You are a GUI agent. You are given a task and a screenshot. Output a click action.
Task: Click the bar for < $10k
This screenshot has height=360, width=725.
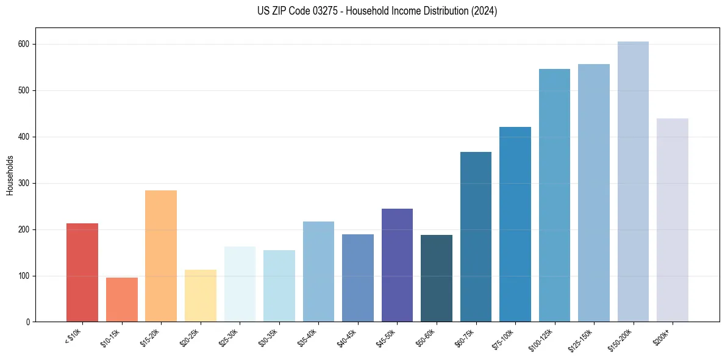tap(82, 272)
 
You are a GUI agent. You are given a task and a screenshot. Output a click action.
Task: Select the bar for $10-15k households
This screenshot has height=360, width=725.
tap(121, 300)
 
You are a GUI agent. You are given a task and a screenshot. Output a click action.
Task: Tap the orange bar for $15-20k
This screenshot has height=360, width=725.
tap(161, 256)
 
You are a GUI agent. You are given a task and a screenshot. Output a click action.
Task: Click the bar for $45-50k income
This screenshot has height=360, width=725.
tap(397, 265)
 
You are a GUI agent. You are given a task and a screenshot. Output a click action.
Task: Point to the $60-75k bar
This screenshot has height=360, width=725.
tap(476, 237)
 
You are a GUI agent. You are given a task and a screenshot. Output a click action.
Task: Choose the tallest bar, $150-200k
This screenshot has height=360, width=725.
tap(633, 181)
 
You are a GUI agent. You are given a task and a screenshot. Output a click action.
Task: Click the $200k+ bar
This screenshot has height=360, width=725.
tap(672, 220)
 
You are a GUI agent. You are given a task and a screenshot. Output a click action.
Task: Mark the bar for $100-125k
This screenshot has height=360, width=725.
tap(554, 195)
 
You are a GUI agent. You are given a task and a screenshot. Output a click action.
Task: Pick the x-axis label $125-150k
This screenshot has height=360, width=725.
tap(582, 338)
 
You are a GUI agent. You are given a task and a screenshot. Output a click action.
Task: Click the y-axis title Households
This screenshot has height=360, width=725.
tap(10, 175)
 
